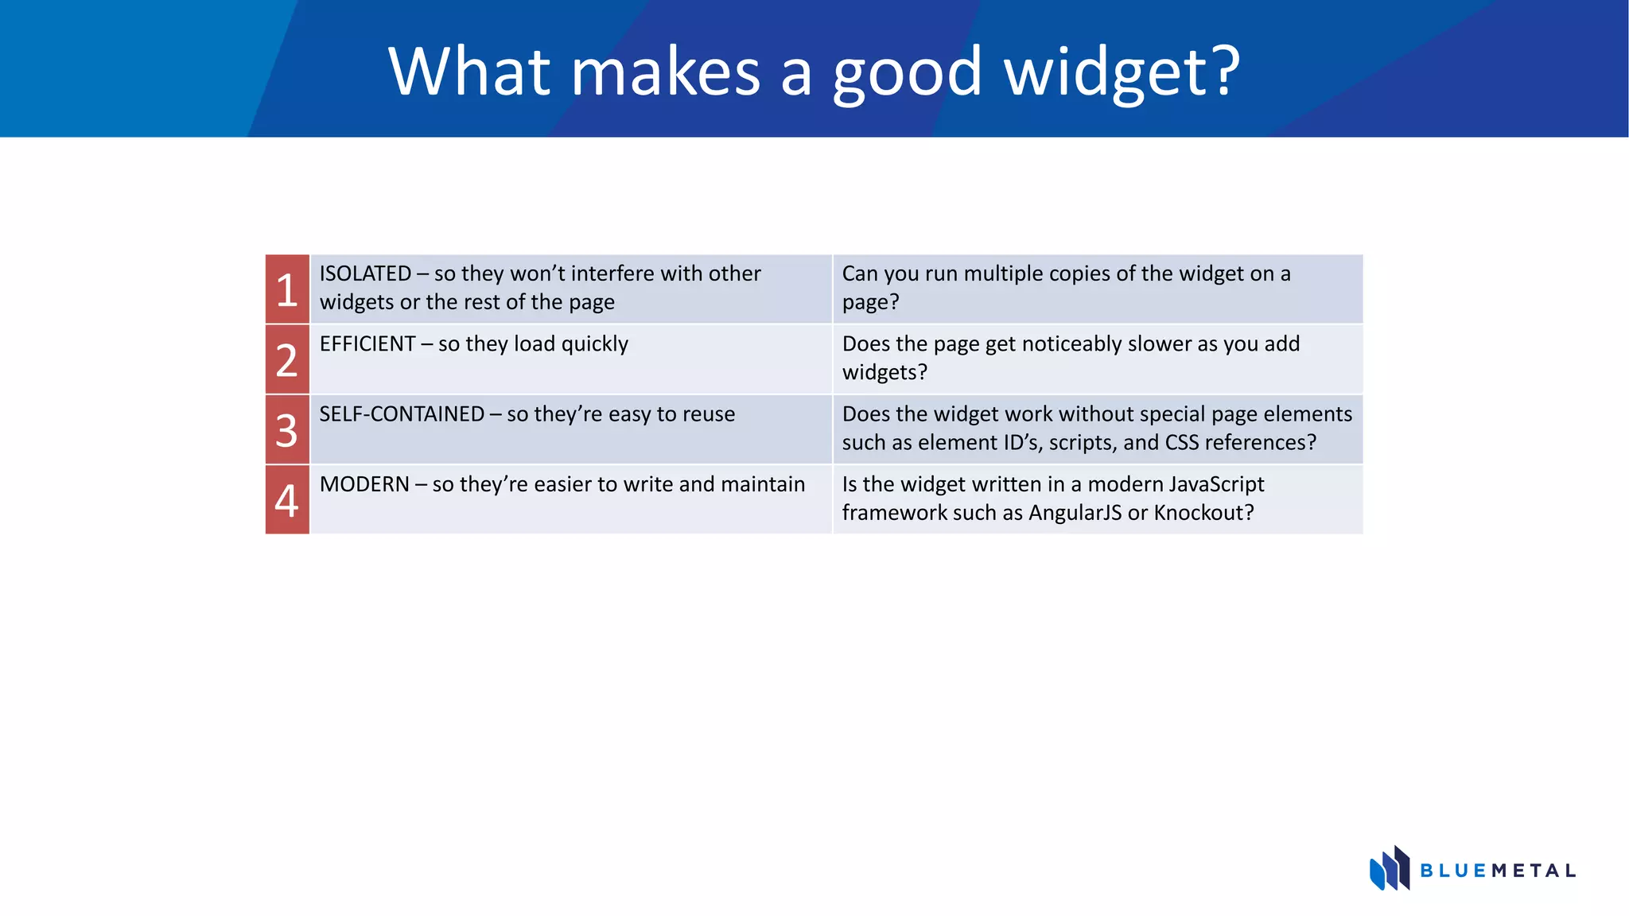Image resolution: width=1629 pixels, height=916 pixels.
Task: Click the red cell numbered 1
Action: (287, 289)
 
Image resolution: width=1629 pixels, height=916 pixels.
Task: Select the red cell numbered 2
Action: (287, 359)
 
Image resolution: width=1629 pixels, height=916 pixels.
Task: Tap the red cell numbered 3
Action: (287, 429)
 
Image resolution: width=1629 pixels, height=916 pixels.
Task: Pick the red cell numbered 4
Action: (287, 499)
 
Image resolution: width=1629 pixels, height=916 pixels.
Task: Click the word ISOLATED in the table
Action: (365, 274)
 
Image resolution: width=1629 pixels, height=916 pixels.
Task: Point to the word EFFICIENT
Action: (367, 343)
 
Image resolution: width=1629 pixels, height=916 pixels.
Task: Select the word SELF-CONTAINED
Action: (402, 414)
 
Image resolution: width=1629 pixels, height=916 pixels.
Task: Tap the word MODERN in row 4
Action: (364, 484)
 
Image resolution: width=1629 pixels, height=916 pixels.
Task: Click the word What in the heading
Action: (469, 72)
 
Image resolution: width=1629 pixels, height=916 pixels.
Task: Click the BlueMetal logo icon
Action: (1389, 868)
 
